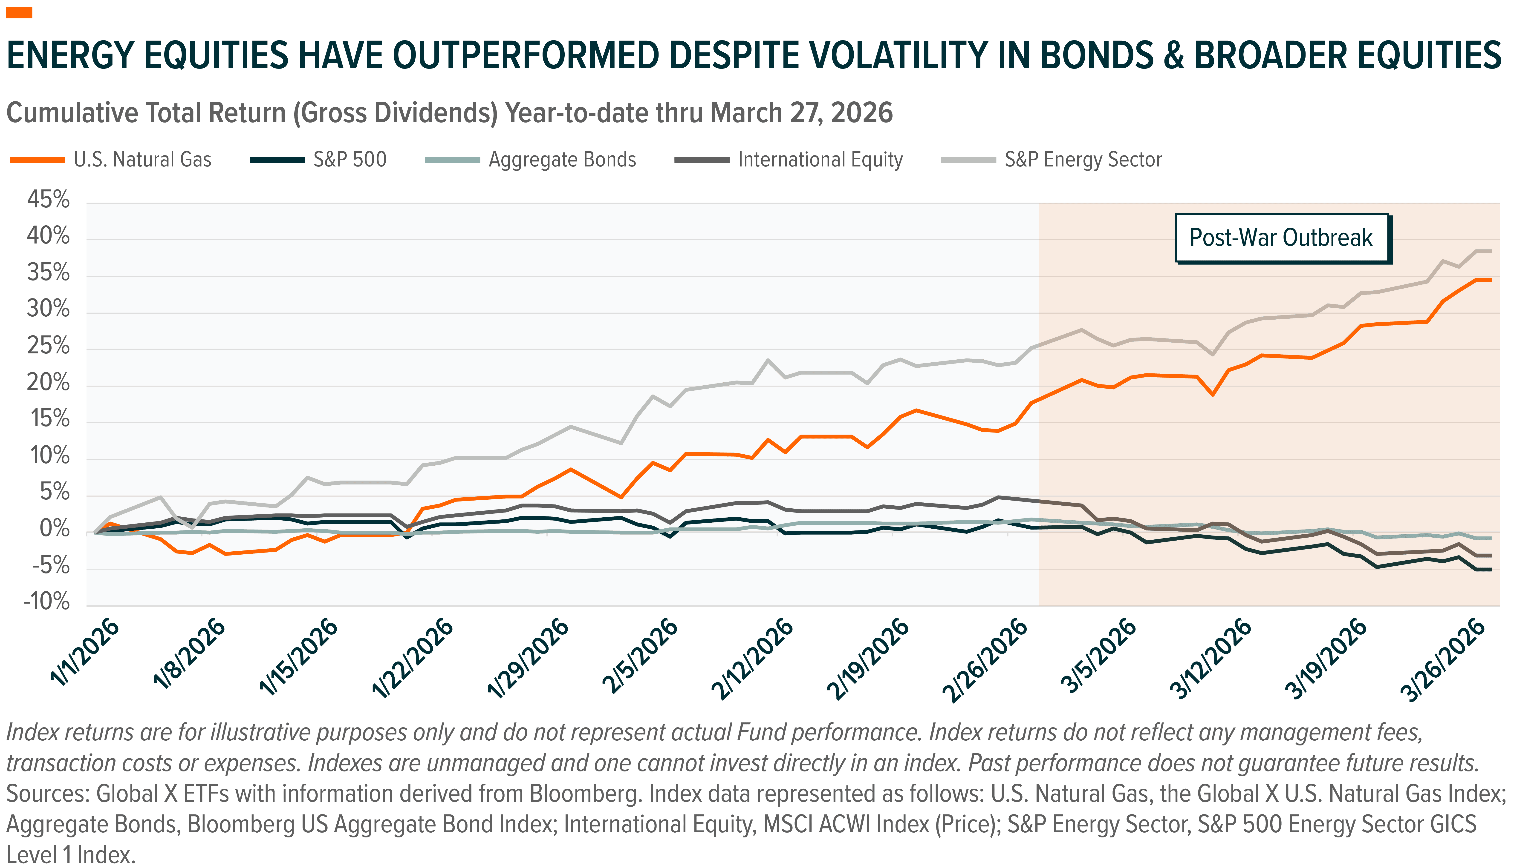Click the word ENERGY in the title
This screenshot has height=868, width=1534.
pyautogui.click(x=70, y=55)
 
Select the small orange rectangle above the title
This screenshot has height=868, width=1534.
pyautogui.click(x=19, y=12)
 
